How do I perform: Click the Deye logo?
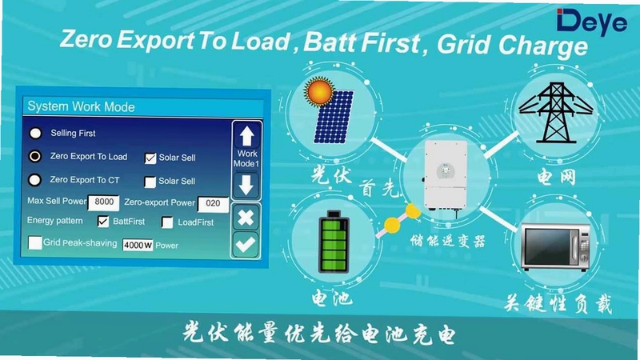(x=591, y=22)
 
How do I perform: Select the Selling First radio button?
(x=35, y=133)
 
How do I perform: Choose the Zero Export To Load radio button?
(x=35, y=156)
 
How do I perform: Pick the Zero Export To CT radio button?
(x=34, y=179)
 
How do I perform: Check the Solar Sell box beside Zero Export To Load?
(x=150, y=158)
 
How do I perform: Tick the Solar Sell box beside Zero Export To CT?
(x=150, y=182)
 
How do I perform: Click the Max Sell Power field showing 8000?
(x=104, y=202)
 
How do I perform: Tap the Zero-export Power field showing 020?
(x=213, y=204)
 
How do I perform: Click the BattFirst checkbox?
(x=103, y=222)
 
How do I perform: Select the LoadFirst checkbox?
(x=167, y=222)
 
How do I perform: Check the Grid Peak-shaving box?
(x=34, y=242)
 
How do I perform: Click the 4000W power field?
(x=138, y=245)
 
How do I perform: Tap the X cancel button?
(x=246, y=217)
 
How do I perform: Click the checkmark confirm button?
(x=246, y=244)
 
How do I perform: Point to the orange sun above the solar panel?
(x=318, y=91)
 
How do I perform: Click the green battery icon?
(x=334, y=242)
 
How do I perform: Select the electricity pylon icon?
(x=556, y=112)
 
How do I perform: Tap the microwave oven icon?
(x=556, y=247)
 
